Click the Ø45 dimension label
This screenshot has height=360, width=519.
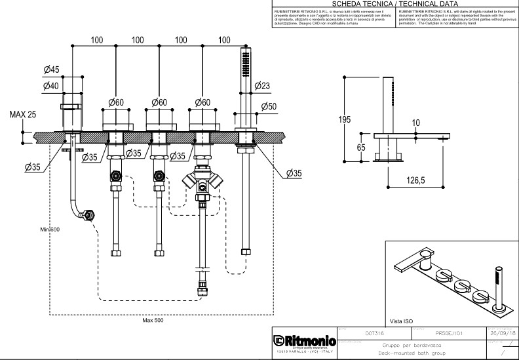(51, 70)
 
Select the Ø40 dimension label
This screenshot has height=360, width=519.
(51, 85)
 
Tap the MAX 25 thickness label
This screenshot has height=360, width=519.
(23, 115)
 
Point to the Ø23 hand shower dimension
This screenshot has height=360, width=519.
(262, 86)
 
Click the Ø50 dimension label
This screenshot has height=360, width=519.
(269, 106)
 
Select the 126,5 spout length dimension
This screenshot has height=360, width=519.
(414, 179)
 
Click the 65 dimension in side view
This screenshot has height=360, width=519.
(361, 148)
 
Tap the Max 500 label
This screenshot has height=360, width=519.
(153, 320)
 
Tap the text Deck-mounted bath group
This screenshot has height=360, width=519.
(412, 353)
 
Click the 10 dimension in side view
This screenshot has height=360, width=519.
(415, 123)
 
